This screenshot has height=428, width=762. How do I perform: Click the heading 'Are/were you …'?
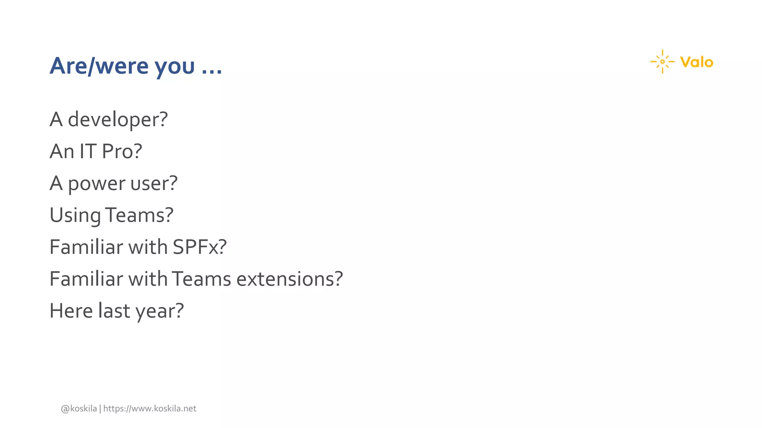(136, 66)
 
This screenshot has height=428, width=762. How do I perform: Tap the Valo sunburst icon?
(662, 62)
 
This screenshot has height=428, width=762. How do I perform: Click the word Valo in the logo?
(697, 62)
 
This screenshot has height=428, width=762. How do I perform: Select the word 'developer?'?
(118, 120)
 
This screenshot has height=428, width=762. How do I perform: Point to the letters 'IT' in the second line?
(88, 152)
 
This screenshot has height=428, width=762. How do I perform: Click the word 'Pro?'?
(122, 152)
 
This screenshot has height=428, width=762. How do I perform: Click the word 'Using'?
(75, 215)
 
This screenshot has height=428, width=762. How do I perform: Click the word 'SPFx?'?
(200, 247)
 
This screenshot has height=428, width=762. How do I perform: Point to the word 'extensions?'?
(290, 279)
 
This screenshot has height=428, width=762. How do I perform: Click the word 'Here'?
(71, 311)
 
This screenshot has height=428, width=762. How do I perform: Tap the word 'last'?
(114, 311)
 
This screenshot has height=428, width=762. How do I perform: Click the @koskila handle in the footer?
(79, 409)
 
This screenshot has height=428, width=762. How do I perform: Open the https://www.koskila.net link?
(150, 409)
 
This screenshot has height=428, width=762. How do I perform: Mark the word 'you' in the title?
(175, 67)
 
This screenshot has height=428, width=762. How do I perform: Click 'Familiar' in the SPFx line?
(86, 247)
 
